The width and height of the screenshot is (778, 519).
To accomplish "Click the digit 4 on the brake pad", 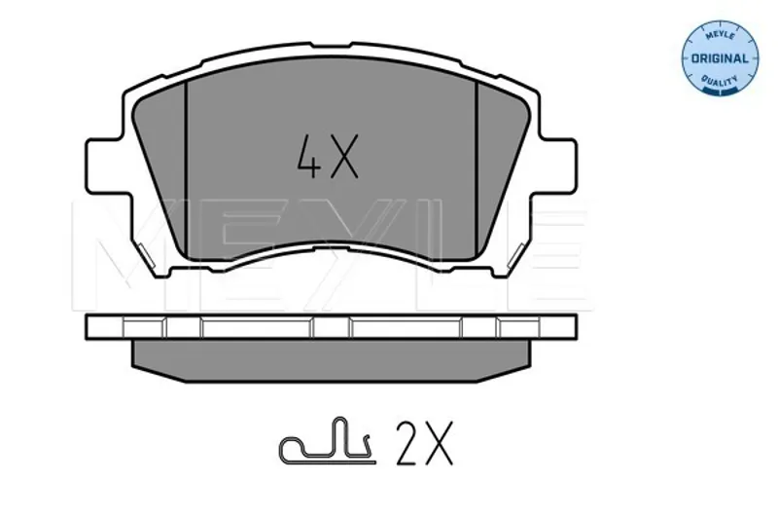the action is tap(308, 157).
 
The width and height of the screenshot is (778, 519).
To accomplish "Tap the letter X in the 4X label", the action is tap(344, 157).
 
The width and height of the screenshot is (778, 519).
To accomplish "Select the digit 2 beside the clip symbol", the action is tap(407, 443).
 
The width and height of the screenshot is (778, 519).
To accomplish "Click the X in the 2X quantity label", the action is tap(439, 443).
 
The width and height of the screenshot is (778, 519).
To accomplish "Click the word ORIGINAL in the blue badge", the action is tap(720, 58).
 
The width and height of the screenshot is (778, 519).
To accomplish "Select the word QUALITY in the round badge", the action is tap(720, 80).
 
